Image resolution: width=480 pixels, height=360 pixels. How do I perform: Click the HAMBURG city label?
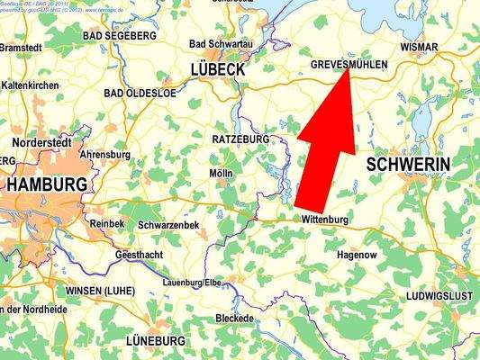click(x=48, y=184)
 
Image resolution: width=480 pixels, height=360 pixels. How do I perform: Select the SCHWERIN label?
click(x=408, y=164)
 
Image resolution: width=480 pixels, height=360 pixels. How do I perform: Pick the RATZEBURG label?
click(x=240, y=140)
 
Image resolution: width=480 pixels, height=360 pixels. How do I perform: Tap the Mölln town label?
click(x=221, y=173)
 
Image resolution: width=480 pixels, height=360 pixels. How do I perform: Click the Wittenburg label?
click(x=325, y=220)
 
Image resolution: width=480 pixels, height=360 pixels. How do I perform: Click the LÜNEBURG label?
click(x=155, y=341)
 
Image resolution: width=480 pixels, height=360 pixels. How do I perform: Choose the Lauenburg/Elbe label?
click(x=191, y=283)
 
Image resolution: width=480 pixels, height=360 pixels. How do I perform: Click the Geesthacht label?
click(x=140, y=256)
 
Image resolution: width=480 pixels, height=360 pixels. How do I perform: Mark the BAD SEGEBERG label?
click(x=119, y=36)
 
